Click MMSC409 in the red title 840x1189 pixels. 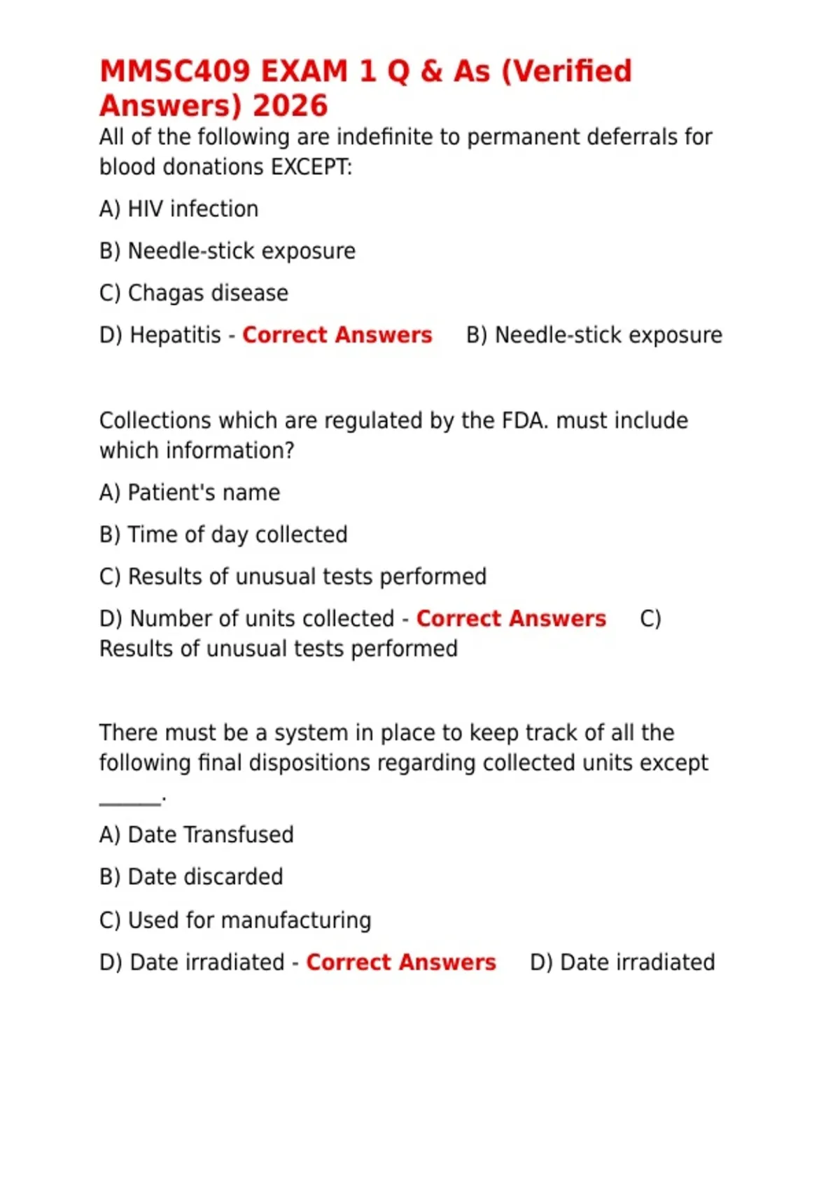174,71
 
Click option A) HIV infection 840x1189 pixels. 178,209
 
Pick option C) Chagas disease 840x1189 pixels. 193,293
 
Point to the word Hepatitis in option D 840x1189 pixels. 176,335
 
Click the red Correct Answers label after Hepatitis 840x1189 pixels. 337,335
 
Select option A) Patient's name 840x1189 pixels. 189,493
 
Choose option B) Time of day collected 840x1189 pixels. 223,535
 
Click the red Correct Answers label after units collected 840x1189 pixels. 511,619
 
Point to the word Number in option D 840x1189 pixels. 164,619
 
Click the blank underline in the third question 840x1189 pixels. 130,802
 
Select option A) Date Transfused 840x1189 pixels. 196,835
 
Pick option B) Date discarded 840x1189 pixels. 191,877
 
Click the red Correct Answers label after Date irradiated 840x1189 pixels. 401,962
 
